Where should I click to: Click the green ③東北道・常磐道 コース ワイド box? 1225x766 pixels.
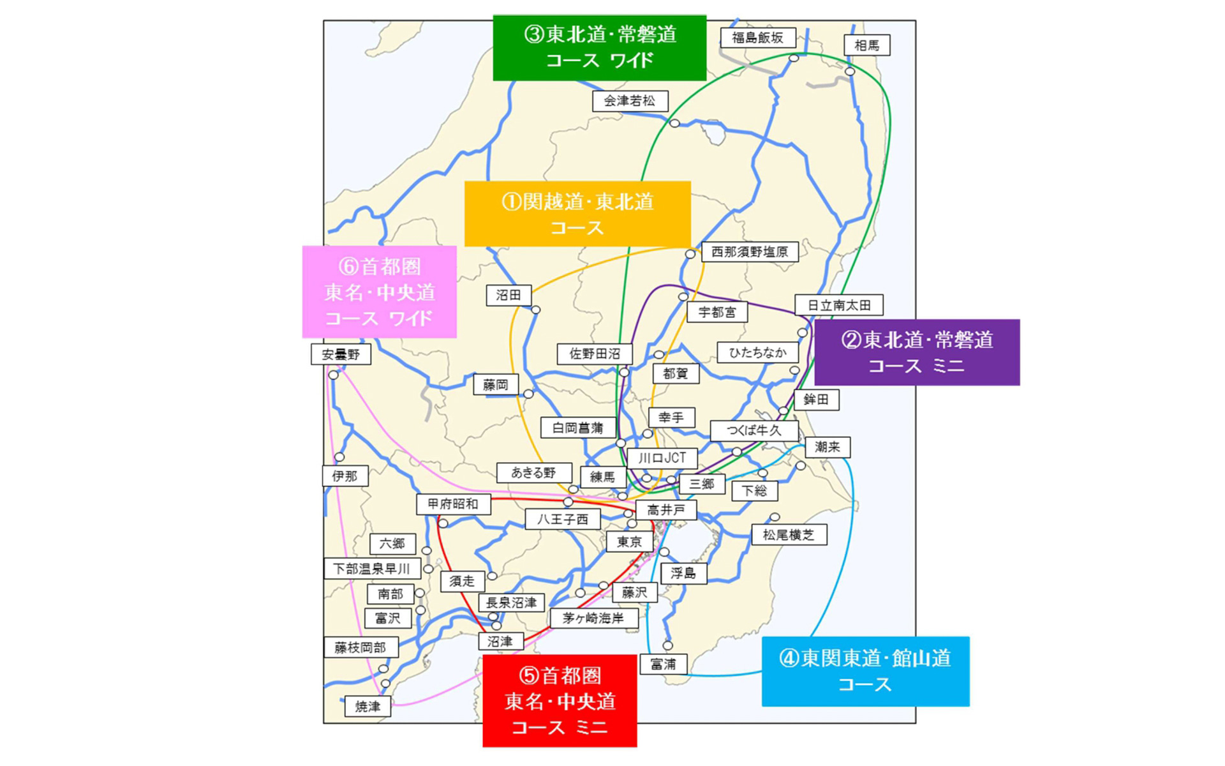click(599, 48)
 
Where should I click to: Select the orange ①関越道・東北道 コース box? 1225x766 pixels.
click(577, 214)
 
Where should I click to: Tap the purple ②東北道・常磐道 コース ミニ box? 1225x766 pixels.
click(917, 352)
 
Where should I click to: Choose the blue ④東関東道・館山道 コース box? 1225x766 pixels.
click(865, 671)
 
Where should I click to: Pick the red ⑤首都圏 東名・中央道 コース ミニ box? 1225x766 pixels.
click(560, 701)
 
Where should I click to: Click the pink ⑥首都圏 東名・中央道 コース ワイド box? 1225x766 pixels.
click(379, 292)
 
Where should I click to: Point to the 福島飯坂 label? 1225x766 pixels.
click(757, 38)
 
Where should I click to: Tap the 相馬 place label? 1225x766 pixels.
click(866, 45)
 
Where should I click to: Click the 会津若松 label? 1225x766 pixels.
click(630, 101)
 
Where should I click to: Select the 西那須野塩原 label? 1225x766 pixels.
click(750, 252)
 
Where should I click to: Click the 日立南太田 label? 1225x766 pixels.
click(839, 305)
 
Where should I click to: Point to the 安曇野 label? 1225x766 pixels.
click(341, 354)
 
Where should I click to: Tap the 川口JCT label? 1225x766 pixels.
click(662, 458)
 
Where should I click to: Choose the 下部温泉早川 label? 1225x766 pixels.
click(372, 568)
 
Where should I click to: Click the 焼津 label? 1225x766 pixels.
click(367, 707)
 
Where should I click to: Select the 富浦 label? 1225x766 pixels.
click(663, 665)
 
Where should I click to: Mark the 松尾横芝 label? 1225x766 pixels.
click(789, 535)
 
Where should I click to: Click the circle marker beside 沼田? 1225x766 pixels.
click(536, 310)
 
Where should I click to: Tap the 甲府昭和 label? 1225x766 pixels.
click(453, 504)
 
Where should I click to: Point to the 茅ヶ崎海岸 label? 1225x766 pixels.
click(593, 618)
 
